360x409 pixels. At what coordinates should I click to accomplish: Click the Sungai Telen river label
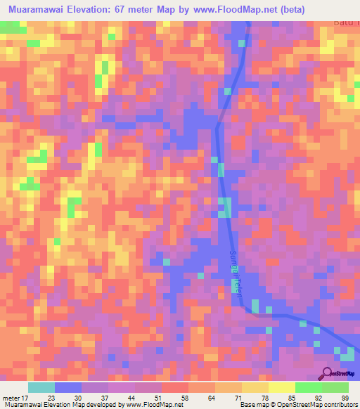coord(236,275)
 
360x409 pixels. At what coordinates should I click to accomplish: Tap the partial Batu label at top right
coord(346,22)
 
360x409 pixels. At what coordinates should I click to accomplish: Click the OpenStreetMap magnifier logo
coord(326,373)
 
